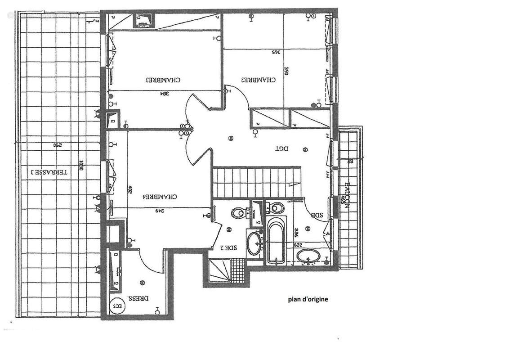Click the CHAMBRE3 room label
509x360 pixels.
[163, 80]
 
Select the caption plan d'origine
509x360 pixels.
[308, 299]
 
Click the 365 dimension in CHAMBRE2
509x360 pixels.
[275, 52]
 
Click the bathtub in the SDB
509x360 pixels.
[276, 239]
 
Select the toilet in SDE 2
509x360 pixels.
[238, 212]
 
